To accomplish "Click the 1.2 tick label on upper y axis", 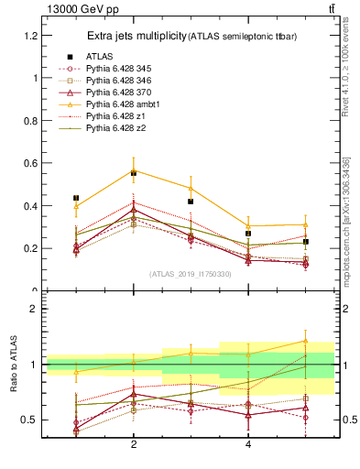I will tap(31, 36).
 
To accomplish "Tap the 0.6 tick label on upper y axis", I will tap(31, 164).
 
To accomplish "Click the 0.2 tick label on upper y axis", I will tap(31, 249).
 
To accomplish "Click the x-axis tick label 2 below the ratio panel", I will tap(134, 444).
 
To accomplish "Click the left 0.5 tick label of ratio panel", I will tap(31, 420).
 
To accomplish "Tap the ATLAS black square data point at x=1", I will tap(76, 198).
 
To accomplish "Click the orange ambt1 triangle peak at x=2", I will tap(134, 169).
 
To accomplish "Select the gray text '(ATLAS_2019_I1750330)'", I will tap(191, 274).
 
